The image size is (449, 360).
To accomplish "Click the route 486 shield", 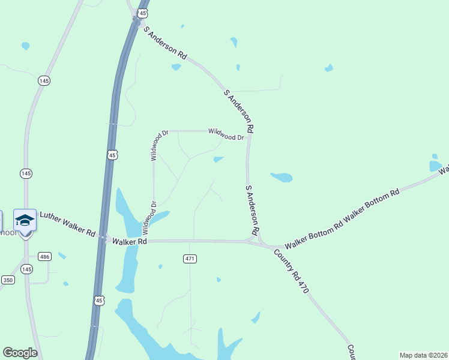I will pyautogui.click(x=44, y=256).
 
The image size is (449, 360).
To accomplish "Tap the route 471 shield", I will pyautogui.click(x=190, y=259).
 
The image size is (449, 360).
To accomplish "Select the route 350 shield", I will pyautogui.click(x=8, y=280).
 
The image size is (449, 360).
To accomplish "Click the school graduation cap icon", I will pyautogui.click(x=25, y=220).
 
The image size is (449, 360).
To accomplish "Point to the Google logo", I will pyautogui.click(x=20, y=353).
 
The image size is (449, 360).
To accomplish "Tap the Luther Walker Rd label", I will pyautogui.click(x=67, y=223).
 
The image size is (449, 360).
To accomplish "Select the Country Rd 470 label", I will pyautogui.click(x=291, y=271).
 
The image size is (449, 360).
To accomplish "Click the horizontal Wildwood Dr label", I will pyautogui.click(x=226, y=134).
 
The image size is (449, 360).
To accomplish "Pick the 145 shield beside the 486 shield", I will pyautogui.click(x=26, y=269).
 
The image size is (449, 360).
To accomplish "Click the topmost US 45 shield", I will pyautogui.click(x=142, y=13).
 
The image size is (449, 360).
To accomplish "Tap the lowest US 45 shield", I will pyautogui.click(x=99, y=299).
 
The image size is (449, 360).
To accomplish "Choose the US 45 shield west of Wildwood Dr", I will pyautogui.click(x=112, y=155).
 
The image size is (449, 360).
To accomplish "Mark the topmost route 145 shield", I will pyautogui.click(x=43, y=80).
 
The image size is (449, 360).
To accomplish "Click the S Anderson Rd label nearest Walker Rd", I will pyautogui.click(x=252, y=209).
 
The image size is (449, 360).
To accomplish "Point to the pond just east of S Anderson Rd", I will pyautogui.click(x=282, y=177).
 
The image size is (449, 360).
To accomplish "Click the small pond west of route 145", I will pyautogui.click(x=25, y=46).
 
